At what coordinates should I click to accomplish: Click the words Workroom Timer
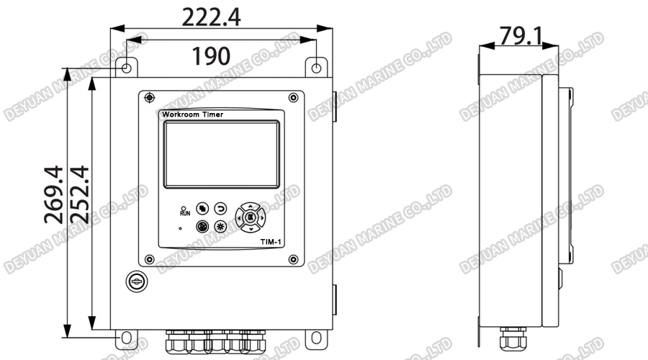point(192,114)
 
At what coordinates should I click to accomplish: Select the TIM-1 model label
point(271,243)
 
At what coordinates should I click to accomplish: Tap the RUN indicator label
point(184,212)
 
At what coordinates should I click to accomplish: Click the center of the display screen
point(221,153)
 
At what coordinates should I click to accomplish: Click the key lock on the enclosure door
point(135,281)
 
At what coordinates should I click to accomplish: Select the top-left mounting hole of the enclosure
point(125,68)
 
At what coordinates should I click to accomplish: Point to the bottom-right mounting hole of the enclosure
point(316,337)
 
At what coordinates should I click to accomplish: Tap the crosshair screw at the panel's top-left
point(149,97)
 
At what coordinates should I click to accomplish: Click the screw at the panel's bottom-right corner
point(293,258)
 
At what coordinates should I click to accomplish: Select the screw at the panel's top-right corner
point(293,97)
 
